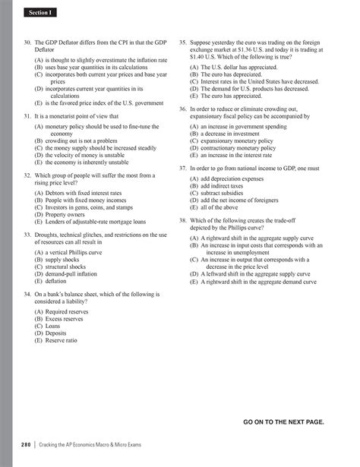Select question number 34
click(x=28, y=292)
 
